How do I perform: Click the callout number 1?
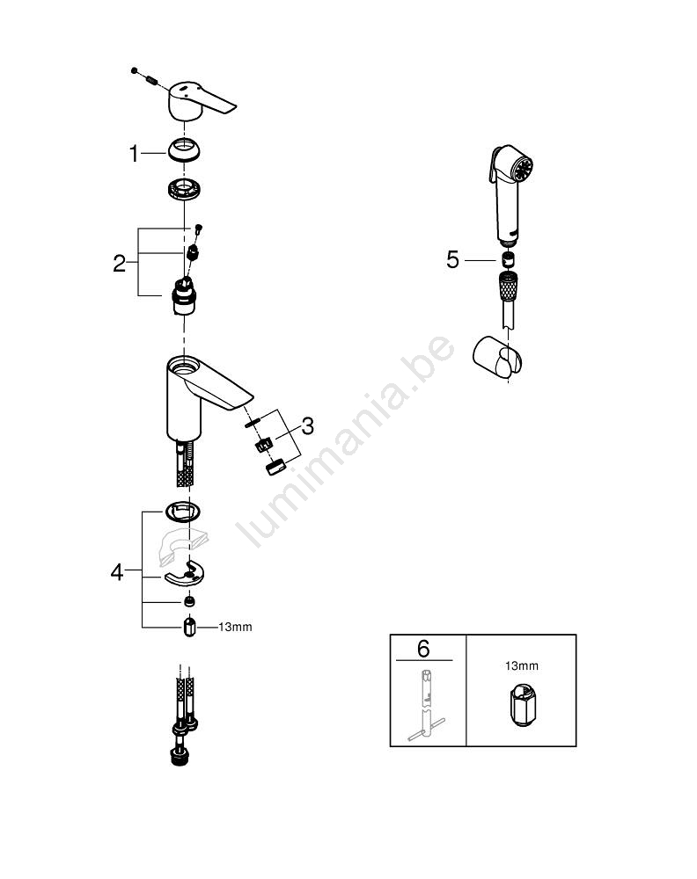pos(134,153)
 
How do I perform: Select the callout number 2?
pos(119,263)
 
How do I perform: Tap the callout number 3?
pos(307,426)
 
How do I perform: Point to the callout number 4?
pos(117,572)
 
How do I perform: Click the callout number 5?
pos(453,259)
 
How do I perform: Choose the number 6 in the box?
pos(423,649)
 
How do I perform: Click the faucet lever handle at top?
pos(196,101)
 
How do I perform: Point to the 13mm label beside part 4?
pos(235,627)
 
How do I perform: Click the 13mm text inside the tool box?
pos(521,665)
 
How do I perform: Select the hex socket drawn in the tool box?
pos(522,705)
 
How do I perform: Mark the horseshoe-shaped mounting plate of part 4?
pos(185,573)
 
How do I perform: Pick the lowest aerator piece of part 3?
pos(275,467)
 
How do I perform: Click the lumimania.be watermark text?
pos(345,440)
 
